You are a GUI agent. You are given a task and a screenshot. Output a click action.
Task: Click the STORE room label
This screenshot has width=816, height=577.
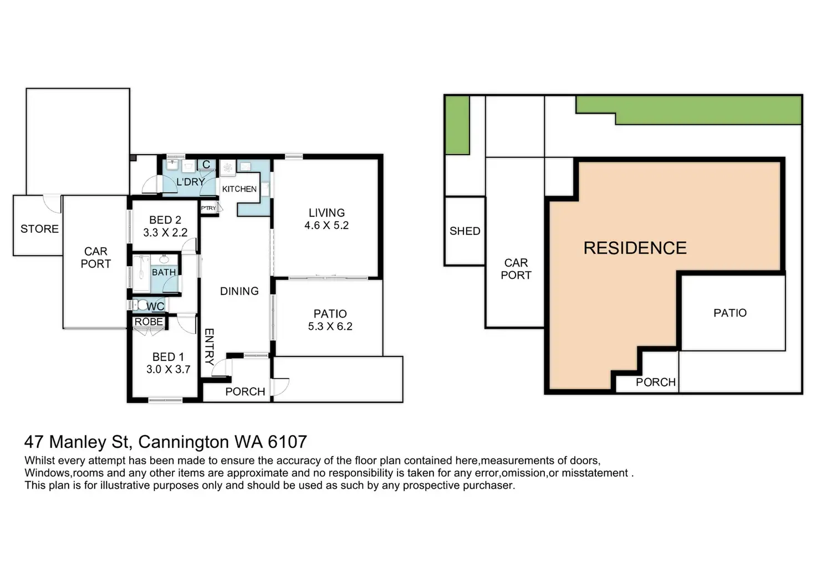39,229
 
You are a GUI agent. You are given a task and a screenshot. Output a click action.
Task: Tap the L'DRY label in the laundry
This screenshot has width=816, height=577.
191,182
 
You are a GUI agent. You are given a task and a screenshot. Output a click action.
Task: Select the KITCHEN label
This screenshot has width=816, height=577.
239,188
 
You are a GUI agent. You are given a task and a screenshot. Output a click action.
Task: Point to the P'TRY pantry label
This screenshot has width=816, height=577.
209,208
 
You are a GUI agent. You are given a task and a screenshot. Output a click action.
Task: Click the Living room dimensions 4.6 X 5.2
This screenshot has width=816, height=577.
327,225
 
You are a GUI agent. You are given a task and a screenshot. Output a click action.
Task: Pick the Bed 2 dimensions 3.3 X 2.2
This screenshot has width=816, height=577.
165,232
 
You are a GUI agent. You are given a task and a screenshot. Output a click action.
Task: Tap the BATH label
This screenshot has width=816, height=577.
164,272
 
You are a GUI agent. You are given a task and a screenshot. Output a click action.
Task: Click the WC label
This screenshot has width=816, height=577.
156,307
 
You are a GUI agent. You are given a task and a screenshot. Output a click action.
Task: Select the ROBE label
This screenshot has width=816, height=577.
149,321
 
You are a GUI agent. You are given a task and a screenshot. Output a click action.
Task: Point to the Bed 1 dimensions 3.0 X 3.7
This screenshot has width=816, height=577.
169,369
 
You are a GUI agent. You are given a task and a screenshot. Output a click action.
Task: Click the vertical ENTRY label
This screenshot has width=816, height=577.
209,347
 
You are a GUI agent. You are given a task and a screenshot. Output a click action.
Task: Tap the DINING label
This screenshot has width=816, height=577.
239,291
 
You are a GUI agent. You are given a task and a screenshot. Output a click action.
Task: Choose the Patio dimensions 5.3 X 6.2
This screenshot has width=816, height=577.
330,326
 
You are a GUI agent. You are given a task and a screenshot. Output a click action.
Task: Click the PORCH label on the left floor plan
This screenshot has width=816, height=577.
245,391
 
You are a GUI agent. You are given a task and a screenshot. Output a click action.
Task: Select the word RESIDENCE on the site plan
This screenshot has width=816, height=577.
635,248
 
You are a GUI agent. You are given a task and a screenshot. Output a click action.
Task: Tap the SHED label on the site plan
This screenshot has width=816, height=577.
465,231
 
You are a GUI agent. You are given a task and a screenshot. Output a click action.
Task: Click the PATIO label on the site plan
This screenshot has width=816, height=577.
730,313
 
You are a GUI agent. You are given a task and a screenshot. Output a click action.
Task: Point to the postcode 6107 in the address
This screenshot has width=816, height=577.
287,442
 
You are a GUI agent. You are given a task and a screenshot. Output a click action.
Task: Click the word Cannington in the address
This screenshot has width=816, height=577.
183,442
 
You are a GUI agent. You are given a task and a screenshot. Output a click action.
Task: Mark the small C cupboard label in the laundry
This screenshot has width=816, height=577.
206,164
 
